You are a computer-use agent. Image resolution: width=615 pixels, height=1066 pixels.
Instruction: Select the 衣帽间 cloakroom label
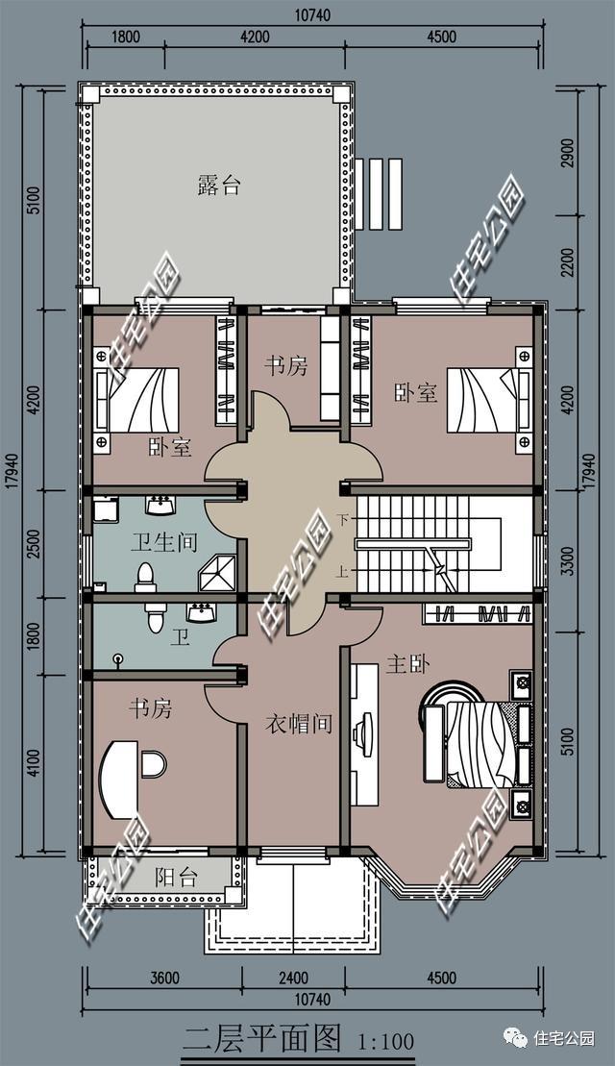(298, 724)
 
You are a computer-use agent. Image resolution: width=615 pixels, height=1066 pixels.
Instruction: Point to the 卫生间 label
(163, 542)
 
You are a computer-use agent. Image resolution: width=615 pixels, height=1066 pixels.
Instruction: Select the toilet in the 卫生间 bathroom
(145, 577)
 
